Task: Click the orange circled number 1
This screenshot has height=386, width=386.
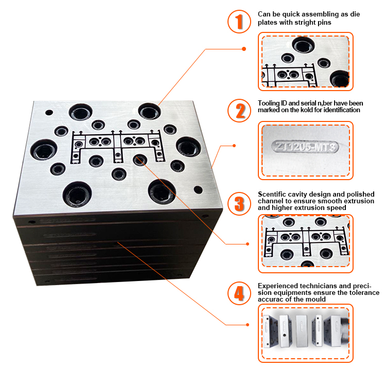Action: pyautogui.click(x=238, y=22)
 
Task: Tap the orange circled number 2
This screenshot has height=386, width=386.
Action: pyautogui.click(x=238, y=110)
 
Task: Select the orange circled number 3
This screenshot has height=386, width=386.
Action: pyautogui.click(x=238, y=202)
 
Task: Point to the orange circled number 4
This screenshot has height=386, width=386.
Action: pyautogui.click(x=238, y=293)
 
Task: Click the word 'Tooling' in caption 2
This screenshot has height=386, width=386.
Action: pyautogui.click(x=269, y=103)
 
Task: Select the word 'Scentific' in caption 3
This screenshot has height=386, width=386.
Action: pyautogui.click(x=273, y=194)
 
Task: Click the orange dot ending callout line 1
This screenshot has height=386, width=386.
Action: pyautogui.click(x=243, y=49)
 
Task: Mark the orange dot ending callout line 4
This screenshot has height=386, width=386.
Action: pyautogui.click(x=248, y=325)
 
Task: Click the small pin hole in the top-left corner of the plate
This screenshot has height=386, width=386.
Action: pyautogui.click(x=49, y=112)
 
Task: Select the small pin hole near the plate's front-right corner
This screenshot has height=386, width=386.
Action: pyautogui.click(x=198, y=189)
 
